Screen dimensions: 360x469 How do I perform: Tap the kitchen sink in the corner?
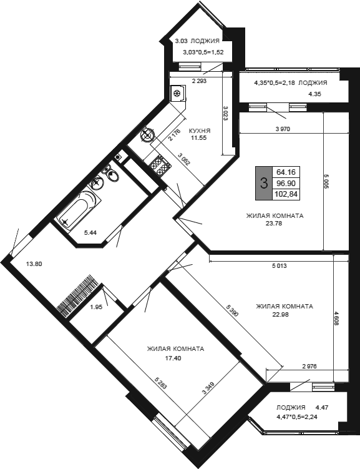click(x=148, y=135)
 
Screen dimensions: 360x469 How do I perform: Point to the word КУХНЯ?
click(x=200, y=131)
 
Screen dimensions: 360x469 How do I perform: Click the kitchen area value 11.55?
click(x=199, y=138)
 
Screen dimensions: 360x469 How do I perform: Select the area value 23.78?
click(x=274, y=223)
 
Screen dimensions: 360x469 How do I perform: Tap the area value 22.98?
click(x=280, y=314)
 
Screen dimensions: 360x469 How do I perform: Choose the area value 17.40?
click(x=173, y=358)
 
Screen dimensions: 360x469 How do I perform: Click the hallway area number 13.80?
click(x=34, y=264)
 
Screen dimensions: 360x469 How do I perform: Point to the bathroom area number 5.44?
click(x=90, y=233)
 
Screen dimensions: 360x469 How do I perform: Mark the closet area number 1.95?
click(x=96, y=307)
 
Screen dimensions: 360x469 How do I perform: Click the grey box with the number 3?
click(x=264, y=183)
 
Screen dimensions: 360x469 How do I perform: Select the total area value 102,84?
click(x=286, y=194)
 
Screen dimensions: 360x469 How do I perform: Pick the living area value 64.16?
click(x=286, y=172)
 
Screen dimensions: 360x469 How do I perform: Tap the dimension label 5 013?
click(x=279, y=265)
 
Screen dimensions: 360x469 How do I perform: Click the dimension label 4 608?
click(x=338, y=318)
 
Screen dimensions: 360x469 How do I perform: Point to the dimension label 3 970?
click(x=283, y=129)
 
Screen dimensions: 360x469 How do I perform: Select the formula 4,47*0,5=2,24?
click(x=297, y=417)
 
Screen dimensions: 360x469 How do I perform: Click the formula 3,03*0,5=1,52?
click(x=203, y=52)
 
